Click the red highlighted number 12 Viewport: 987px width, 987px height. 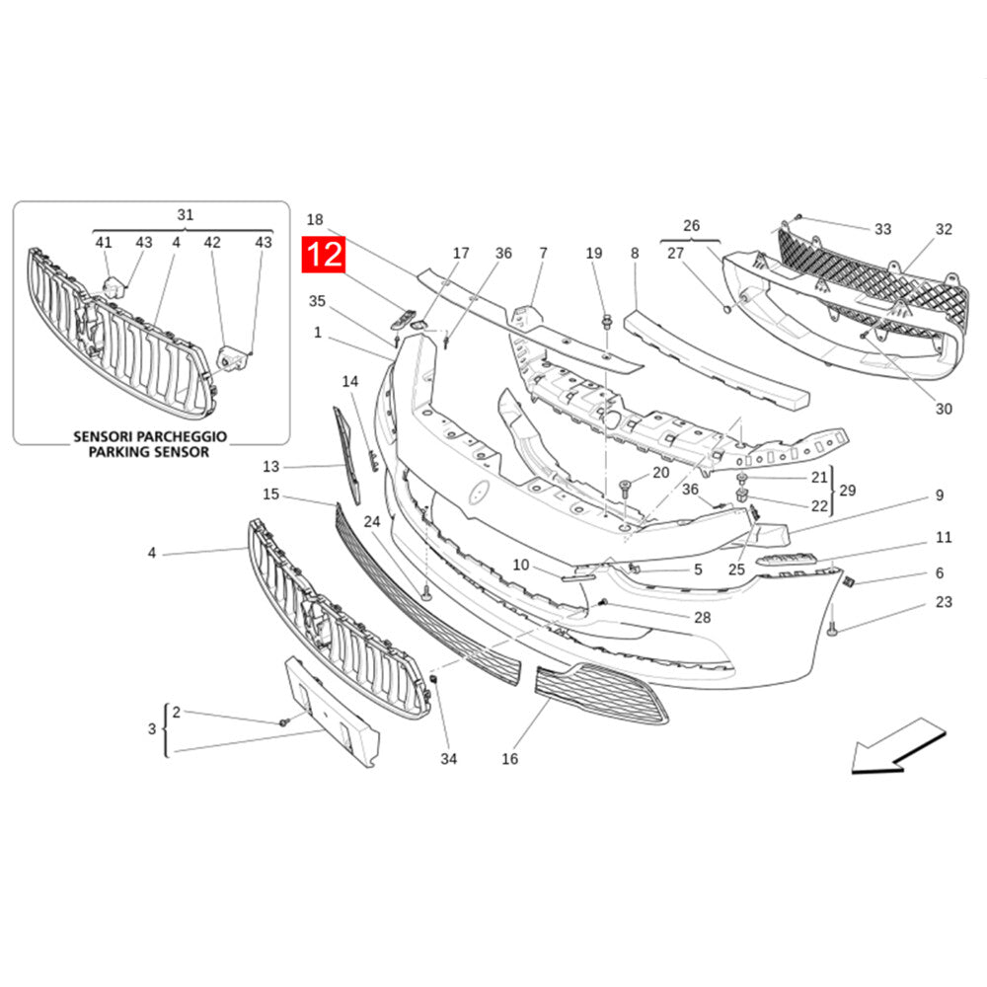pos(325,256)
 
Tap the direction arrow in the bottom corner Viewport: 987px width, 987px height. pos(896,748)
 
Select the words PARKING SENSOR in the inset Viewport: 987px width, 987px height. pos(150,452)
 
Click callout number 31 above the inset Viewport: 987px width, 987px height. pos(186,214)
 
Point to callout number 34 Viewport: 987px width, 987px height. pos(449,759)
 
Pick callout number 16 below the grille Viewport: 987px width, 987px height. pos(509,759)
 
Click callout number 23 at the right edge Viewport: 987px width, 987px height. pos(944,602)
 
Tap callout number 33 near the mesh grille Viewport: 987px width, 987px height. pos(882,229)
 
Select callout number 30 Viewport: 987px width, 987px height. pos(944,409)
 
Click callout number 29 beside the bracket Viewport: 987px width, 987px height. pos(846,491)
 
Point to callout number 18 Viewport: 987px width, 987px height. pos(315,219)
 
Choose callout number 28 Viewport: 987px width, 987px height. pos(702,617)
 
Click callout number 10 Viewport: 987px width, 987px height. pos(521,565)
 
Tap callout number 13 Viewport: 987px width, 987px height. pos(271,466)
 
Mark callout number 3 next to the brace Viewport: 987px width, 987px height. pos(152,729)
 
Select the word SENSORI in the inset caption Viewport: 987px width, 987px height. pos(108,435)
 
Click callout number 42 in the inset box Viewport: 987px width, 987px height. pos(212,242)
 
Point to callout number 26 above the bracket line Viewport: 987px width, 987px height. pos(691,225)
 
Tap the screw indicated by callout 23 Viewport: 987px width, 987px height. pos(832,627)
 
